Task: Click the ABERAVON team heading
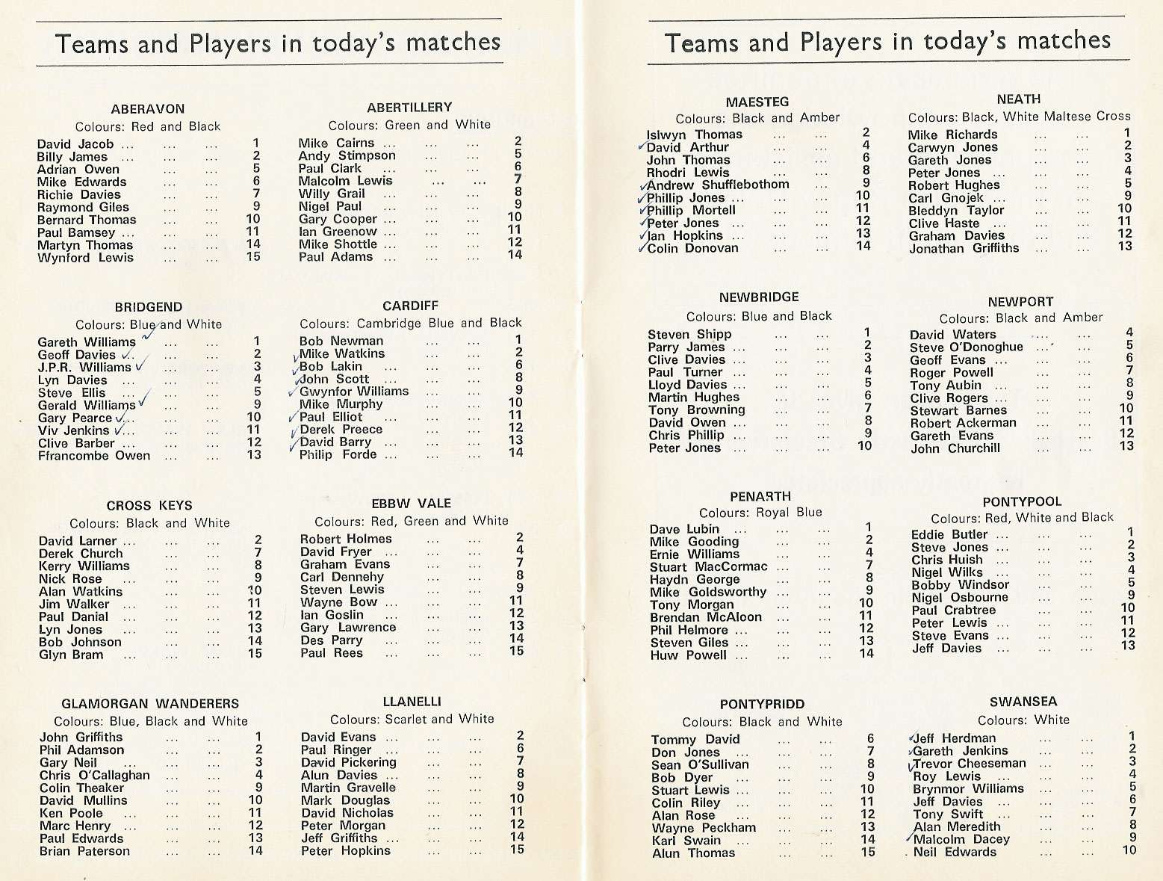pyautogui.click(x=147, y=108)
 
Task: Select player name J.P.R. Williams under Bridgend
pyautogui.click(x=84, y=368)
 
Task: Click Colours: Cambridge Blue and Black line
pyautogui.click(x=411, y=323)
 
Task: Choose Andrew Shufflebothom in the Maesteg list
pyautogui.click(x=718, y=185)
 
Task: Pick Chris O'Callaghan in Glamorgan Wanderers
pyautogui.click(x=94, y=775)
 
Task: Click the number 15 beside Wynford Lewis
pyautogui.click(x=255, y=257)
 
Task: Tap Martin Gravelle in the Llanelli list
pyautogui.click(x=348, y=788)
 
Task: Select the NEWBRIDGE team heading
pyautogui.click(x=759, y=297)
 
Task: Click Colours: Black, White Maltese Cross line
pyautogui.click(x=1019, y=117)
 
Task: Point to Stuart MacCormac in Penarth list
pyautogui.click(x=708, y=566)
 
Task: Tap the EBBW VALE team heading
pyautogui.click(x=411, y=503)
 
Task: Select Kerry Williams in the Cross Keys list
pyautogui.click(x=84, y=566)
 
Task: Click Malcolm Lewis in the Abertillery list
pyautogui.click(x=345, y=181)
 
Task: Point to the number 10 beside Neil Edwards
pyautogui.click(x=1128, y=850)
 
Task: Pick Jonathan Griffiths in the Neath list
pyautogui.click(x=964, y=248)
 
